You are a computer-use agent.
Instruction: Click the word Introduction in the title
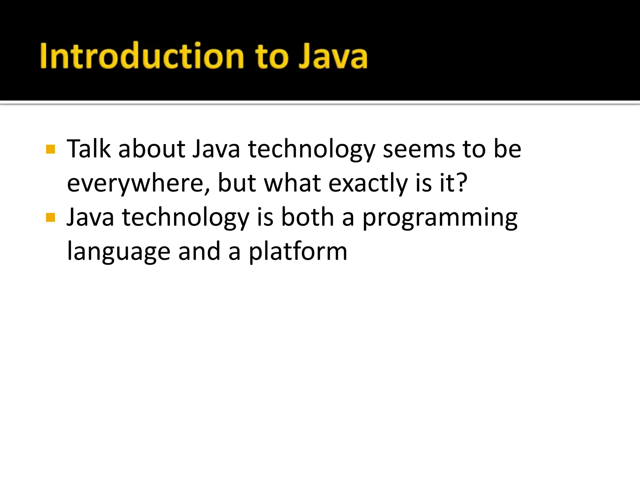142,56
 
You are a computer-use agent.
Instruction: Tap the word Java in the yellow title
333,56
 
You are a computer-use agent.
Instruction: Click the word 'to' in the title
271,56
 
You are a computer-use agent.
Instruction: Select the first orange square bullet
50,149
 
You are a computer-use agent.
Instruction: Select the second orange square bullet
50,217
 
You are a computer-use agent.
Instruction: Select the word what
292,183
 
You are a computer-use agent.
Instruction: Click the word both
307,217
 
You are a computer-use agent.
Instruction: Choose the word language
119,252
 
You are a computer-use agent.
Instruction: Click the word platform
298,252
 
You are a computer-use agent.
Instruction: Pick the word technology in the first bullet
311,149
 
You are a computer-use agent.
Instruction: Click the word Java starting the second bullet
91,217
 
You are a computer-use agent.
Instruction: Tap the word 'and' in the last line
199,252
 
